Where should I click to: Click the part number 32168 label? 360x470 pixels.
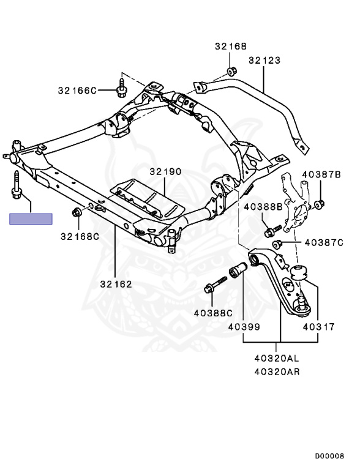[x=230, y=46]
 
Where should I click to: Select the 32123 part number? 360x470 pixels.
[x=264, y=60]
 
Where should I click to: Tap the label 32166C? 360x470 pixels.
[x=77, y=90]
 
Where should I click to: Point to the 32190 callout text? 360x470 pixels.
[x=165, y=171]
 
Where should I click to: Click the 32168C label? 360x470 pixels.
[x=80, y=236]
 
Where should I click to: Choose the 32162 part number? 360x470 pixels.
[x=116, y=284]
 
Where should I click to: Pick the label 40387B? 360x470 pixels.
[x=321, y=174]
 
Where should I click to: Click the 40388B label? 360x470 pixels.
[x=263, y=206]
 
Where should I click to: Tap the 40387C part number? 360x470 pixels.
[x=324, y=242]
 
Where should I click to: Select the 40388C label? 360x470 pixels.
[x=213, y=313]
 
